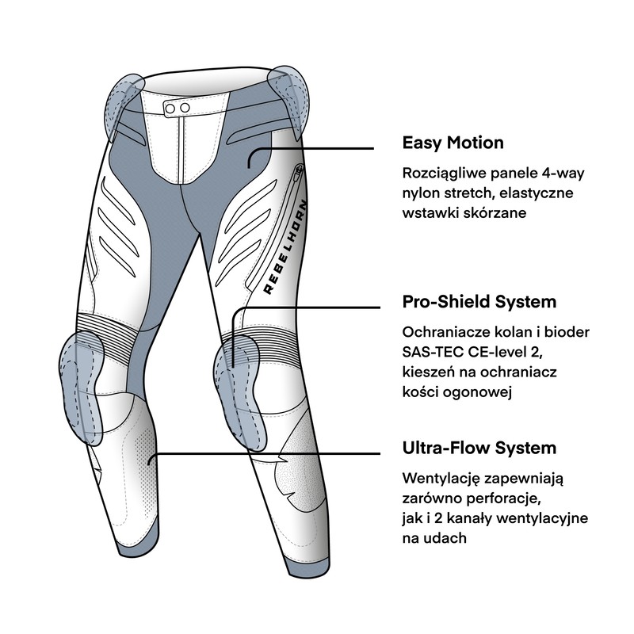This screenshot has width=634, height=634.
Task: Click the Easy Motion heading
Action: (453, 143)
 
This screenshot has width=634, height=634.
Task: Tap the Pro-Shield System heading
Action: (479, 302)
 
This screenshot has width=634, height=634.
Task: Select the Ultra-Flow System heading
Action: (479, 448)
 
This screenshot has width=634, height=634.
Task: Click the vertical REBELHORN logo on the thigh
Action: (285, 246)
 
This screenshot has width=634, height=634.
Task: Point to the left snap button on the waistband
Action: (170, 109)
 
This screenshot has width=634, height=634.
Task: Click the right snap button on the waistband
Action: (185, 108)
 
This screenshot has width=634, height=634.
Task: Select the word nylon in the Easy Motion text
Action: (420, 193)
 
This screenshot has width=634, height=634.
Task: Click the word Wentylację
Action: (441, 479)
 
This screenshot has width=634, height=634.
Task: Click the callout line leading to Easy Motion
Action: (311, 148)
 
